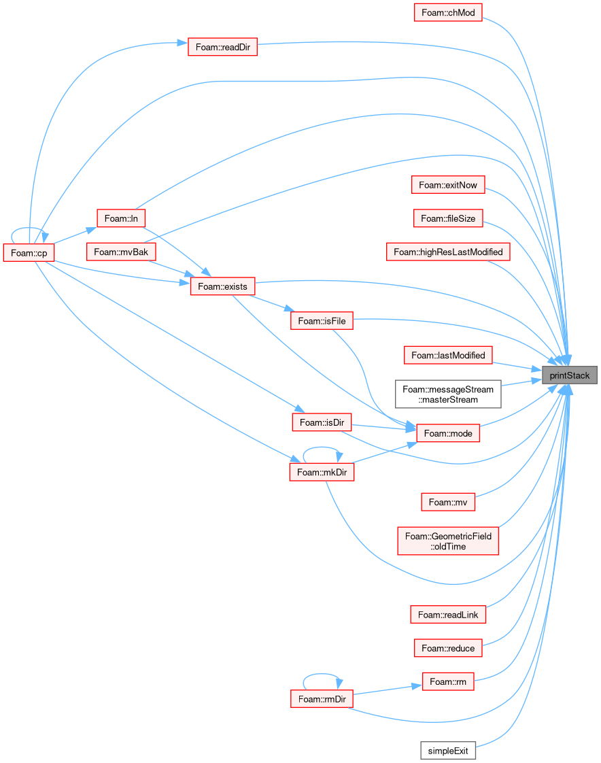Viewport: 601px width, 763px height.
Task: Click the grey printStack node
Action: coord(569,375)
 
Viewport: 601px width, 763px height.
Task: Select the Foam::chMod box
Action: coord(448,13)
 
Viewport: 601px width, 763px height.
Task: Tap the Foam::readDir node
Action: coord(222,47)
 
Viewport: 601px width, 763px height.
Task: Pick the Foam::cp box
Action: coord(29,253)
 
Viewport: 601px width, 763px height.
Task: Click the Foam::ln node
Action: coord(121,218)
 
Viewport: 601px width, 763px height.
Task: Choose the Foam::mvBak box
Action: coord(121,252)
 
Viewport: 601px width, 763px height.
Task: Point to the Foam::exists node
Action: coord(222,286)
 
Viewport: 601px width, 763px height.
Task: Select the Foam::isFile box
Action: coord(322,321)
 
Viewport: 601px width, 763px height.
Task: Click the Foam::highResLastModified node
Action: coord(448,252)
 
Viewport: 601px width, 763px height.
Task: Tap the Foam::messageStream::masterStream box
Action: coord(448,394)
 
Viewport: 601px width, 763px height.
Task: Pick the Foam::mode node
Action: coord(448,433)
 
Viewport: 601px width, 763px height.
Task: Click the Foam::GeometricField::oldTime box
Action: coord(448,541)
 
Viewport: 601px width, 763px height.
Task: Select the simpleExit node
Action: coord(448,751)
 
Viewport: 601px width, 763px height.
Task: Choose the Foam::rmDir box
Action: coord(322,699)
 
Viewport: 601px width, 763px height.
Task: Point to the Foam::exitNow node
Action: coord(448,185)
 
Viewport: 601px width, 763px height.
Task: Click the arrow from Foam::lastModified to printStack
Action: coord(517,367)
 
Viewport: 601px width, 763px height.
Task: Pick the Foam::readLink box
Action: coord(448,615)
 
